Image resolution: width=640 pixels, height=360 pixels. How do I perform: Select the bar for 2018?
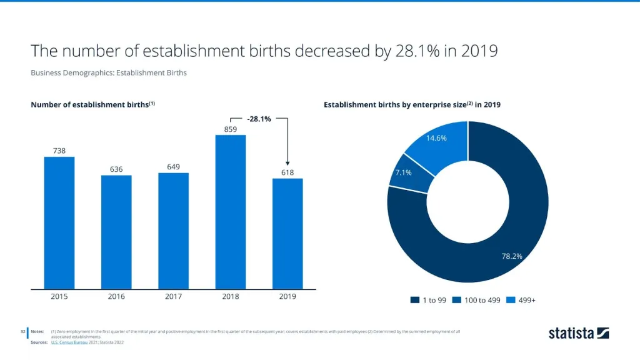click(231, 212)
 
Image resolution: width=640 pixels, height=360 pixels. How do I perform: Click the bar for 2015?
click(59, 222)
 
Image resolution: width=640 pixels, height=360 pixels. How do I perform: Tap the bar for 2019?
click(287, 234)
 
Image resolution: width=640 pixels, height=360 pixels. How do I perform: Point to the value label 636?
click(116, 169)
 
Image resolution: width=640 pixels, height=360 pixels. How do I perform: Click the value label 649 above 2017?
click(173, 167)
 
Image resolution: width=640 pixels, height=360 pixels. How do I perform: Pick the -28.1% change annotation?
click(259, 119)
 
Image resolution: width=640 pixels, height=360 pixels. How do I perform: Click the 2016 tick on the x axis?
click(116, 297)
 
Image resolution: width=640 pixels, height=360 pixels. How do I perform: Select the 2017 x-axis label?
click(173, 297)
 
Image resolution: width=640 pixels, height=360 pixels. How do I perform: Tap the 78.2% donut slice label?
click(512, 256)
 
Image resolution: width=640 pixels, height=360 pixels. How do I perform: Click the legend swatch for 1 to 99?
click(414, 301)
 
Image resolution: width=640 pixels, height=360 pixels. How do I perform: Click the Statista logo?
click(578, 333)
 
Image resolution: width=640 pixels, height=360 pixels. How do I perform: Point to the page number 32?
click(22, 331)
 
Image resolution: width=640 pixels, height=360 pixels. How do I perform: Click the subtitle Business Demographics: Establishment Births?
click(109, 72)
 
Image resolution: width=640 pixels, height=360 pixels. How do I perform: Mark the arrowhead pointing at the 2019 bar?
click(287, 164)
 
